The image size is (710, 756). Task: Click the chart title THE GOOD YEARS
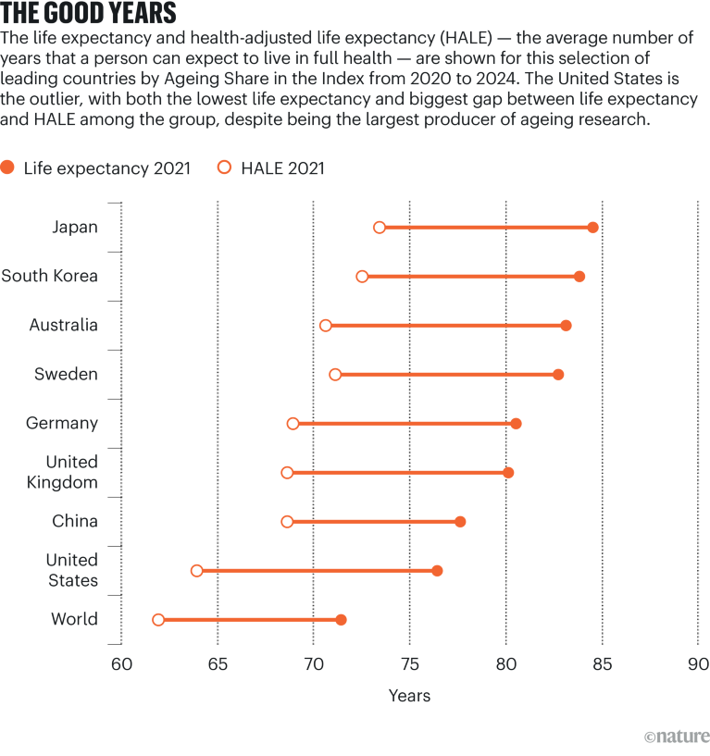tap(89, 16)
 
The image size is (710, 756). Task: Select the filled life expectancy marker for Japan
tap(592, 228)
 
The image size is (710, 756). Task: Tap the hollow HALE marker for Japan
tap(380, 228)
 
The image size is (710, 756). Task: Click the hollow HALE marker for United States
tap(196, 571)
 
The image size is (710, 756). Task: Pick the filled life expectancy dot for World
tap(341, 620)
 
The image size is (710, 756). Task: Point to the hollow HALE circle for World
tap(158, 620)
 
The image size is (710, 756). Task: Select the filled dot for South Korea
tap(579, 277)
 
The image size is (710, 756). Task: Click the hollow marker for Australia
tap(325, 326)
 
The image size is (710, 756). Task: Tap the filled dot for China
tap(460, 522)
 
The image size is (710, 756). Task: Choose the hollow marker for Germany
tap(293, 424)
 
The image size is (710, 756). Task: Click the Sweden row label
tap(66, 374)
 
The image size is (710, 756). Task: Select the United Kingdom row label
tap(71, 472)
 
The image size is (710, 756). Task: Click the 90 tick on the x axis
tap(698, 664)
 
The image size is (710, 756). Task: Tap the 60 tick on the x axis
tap(121, 664)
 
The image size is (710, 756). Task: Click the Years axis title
tap(409, 696)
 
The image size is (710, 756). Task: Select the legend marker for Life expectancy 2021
tap(8, 167)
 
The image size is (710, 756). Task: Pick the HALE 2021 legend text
tap(282, 168)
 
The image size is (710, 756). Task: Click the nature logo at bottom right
tap(677, 737)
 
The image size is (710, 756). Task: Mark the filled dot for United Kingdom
tap(508, 473)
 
